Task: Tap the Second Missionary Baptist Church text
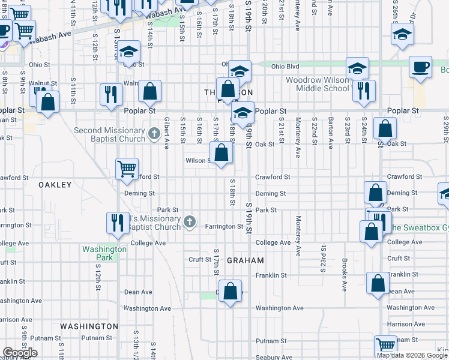pos(109,135)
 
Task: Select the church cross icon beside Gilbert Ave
pos(153,133)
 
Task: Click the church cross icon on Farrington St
pos(189,223)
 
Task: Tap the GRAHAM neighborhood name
pos(246,260)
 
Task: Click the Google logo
pos(20,353)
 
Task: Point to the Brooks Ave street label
pos(345,274)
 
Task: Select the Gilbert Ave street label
pos(167,132)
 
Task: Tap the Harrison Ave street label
pos(406,324)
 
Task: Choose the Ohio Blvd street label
pos(285,67)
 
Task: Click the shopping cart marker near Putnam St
pos(385,346)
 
